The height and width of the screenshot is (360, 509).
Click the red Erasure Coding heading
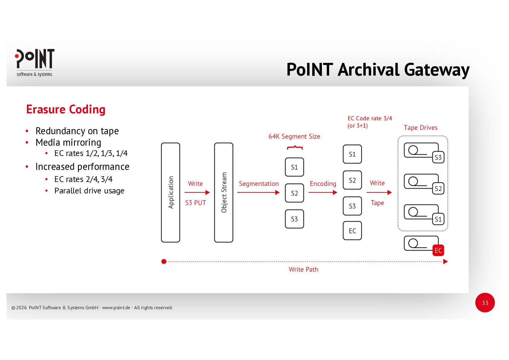coord(66,109)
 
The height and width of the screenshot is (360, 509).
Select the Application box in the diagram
coord(170,193)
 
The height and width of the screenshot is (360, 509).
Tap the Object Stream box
coord(224,193)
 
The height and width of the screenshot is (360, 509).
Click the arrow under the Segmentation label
coord(258,193)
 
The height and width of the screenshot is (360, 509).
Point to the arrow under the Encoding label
coord(323,193)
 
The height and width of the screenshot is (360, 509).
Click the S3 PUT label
coord(195,203)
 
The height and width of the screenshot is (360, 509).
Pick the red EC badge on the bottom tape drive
coord(438,250)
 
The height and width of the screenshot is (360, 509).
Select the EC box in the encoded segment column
coord(352,231)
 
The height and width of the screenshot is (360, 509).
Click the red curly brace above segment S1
coord(295,148)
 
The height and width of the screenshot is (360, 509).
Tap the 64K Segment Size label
coord(294,137)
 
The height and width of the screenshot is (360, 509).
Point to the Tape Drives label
coord(420,128)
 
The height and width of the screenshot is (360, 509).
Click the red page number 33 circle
coord(485,303)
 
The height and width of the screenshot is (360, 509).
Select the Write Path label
coord(303,270)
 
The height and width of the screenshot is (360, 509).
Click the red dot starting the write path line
coord(164,261)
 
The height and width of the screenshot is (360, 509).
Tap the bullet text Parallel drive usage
coord(89,191)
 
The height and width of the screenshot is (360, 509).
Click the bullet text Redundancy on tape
coord(77,131)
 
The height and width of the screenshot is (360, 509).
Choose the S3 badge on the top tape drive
coord(438,157)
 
